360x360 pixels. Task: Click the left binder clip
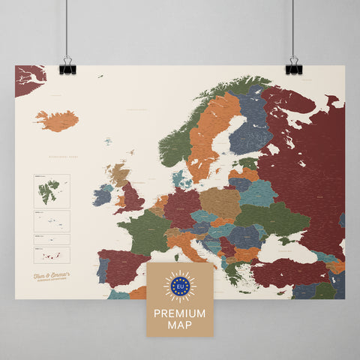(x=67, y=66)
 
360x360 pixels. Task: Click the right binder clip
(x=293, y=66)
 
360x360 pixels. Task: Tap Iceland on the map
(x=57, y=120)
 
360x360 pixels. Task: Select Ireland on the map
(x=103, y=196)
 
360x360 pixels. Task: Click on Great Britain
(x=132, y=197)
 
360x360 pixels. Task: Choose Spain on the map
(x=120, y=271)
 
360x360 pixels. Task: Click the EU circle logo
(x=179, y=286)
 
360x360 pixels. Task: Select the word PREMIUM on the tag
(x=179, y=310)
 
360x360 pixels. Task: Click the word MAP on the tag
(x=179, y=323)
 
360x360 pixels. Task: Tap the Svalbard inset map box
(x=51, y=191)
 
